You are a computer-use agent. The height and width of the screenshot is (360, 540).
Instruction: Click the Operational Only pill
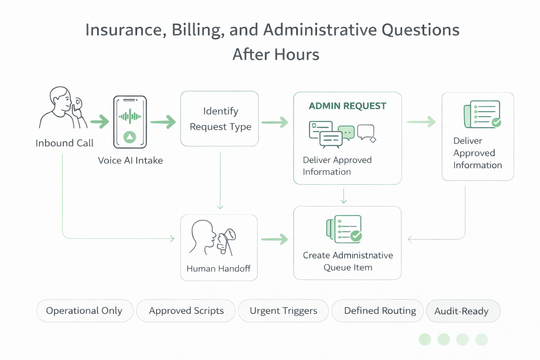(84, 311)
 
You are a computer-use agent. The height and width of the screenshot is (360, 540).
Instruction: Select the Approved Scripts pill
(186, 311)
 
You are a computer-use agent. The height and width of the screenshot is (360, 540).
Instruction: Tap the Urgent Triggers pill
(283, 311)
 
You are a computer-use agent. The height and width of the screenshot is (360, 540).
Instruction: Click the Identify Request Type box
(220, 119)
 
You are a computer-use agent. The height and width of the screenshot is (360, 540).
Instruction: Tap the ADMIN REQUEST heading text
(347, 106)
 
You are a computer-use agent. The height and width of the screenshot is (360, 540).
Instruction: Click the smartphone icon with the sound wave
(130, 122)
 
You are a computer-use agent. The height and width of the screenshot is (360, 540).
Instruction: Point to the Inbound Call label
(64, 143)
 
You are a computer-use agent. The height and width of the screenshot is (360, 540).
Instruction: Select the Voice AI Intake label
(130, 161)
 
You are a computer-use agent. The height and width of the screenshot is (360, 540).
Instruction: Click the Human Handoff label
(218, 269)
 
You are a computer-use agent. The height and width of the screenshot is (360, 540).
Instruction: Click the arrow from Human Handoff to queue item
(275, 239)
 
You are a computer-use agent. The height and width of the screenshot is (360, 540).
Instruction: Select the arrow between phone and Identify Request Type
(163, 122)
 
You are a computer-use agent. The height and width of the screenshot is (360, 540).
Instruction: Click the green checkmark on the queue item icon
(356, 236)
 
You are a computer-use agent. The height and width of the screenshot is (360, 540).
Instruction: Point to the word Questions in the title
(420, 30)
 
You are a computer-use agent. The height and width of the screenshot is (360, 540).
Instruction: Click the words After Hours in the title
(276, 54)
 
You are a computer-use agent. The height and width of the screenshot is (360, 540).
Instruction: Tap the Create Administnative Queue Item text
(348, 261)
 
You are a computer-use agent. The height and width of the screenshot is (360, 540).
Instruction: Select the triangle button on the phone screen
(130, 137)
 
